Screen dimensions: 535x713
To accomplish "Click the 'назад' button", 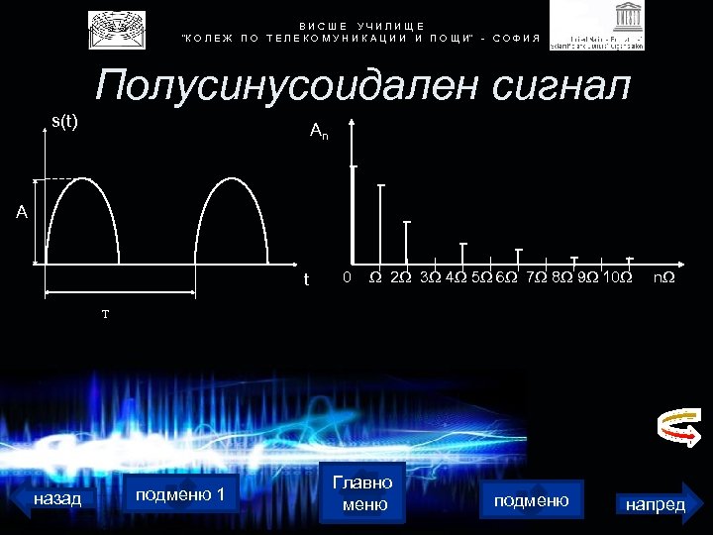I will (x=57, y=499).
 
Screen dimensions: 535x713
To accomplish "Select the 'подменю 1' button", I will (x=180, y=494).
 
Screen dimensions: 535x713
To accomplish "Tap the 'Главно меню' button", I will (x=362, y=493).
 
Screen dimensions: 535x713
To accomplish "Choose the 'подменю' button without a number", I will (x=531, y=500).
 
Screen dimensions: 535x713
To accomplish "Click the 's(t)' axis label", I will (x=64, y=122).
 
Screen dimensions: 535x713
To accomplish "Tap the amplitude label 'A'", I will (x=21, y=211).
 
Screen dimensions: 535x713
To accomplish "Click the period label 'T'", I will (x=104, y=314).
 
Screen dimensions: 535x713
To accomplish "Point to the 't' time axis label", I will (x=306, y=278).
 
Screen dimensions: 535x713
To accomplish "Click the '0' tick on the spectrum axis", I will (x=345, y=276).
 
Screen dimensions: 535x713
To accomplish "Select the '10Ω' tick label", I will (x=618, y=276).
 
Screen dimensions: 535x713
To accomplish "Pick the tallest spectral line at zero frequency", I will (x=354, y=213).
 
